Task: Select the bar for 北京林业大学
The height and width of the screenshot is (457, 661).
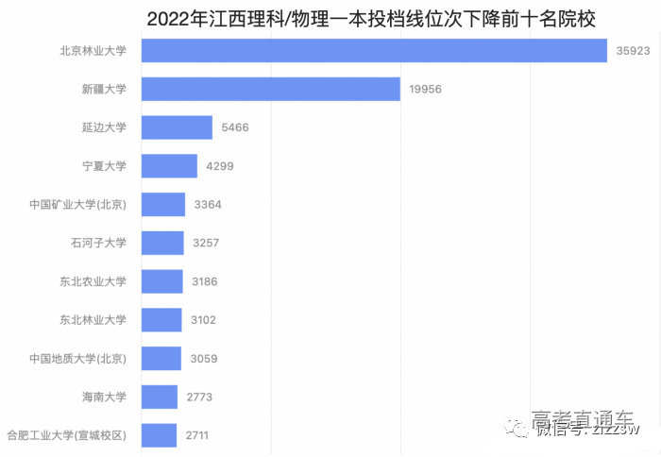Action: (x=374, y=51)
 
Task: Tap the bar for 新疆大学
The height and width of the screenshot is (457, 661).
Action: (x=271, y=89)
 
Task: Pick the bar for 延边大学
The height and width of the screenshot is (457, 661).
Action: (x=177, y=127)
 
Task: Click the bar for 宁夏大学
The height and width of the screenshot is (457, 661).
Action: (x=169, y=166)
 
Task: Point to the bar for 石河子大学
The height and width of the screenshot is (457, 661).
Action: (x=162, y=243)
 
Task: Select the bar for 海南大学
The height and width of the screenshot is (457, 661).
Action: (x=160, y=397)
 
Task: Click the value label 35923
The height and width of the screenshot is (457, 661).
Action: (x=633, y=51)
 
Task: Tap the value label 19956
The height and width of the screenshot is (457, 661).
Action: (x=425, y=90)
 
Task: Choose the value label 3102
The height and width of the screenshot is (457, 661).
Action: (x=201, y=320)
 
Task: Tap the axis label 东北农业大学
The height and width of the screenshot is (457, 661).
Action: (x=93, y=281)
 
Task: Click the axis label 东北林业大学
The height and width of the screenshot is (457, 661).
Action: (x=93, y=320)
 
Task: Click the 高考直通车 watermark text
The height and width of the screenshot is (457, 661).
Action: (x=583, y=418)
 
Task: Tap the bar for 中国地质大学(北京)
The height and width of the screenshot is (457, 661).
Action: (x=161, y=359)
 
